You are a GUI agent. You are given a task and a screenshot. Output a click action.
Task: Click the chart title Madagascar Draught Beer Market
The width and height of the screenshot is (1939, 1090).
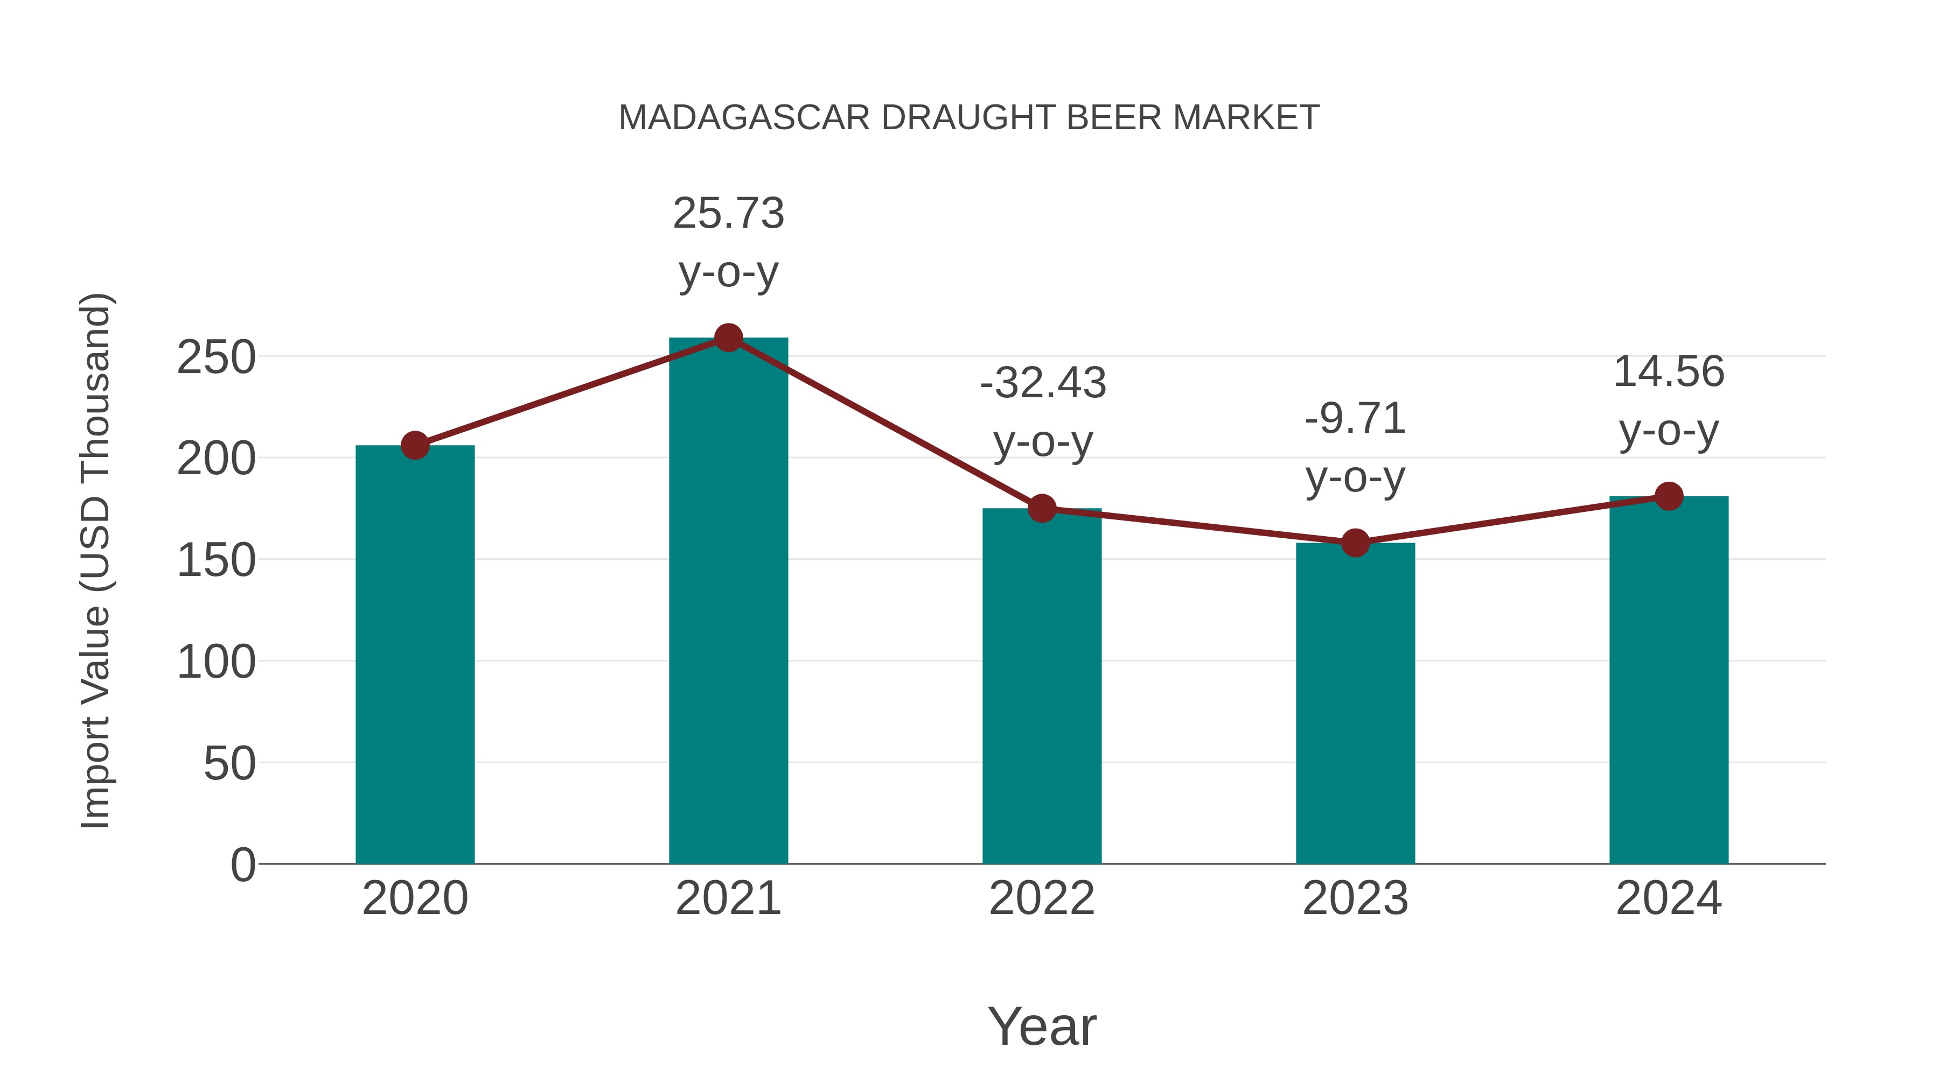click(x=969, y=118)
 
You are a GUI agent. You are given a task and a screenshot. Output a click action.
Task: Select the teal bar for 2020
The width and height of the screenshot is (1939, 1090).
click(x=415, y=655)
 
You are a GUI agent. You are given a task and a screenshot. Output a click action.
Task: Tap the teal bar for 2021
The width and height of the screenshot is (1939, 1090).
click(x=728, y=602)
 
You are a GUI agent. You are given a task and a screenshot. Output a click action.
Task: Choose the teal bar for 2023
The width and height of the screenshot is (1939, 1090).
click(x=1355, y=704)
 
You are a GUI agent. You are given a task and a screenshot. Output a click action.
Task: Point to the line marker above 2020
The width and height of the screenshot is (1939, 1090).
click(x=415, y=445)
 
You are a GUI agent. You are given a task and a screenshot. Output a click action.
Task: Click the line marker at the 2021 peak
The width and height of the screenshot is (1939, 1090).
click(x=728, y=337)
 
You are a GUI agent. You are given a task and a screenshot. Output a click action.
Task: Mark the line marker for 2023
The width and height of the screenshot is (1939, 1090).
click(x=1355, y=543)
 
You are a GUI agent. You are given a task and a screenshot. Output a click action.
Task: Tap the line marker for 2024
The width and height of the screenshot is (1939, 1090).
click(x=1669, y=496)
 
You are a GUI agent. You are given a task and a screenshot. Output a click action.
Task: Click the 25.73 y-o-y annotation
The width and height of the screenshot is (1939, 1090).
click(x=728, y=242)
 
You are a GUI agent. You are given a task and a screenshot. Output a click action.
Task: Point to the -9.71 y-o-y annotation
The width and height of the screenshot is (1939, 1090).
click(x=1355, y=448)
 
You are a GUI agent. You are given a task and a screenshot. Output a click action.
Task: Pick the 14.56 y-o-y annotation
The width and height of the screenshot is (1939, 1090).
click(x=1669, y=401)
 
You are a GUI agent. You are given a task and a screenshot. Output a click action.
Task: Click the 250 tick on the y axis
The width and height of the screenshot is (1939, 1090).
click(x=216, y=357)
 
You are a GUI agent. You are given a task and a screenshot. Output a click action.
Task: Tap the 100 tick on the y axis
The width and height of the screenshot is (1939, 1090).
click(x=216, y=662)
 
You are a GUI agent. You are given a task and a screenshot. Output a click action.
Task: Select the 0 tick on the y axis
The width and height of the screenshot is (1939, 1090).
click(x=242, y=864)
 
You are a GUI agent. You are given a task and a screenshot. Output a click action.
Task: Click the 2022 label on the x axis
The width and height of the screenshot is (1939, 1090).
click(x=1042, y=898)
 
